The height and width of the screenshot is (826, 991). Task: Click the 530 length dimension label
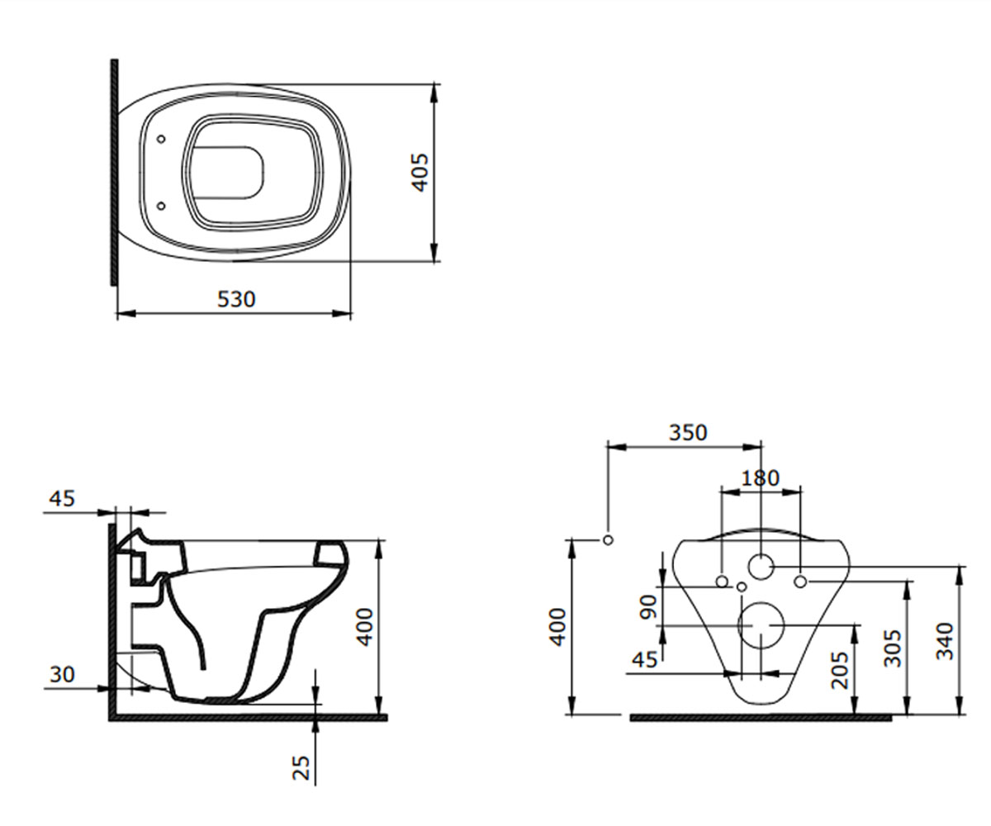coord(236,299)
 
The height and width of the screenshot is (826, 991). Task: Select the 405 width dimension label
coord(420,173)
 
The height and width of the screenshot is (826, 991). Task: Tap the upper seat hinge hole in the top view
coord(161,139)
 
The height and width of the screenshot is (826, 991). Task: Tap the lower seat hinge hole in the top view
coord(161,206)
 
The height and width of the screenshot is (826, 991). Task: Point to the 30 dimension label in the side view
coord(62,674)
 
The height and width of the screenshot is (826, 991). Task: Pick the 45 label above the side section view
coord(62,498)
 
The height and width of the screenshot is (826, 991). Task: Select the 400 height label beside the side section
coord(365,628)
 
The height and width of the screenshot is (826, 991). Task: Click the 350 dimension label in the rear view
coord(688,433)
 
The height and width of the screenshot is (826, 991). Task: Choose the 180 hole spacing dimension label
coord(760,478)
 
